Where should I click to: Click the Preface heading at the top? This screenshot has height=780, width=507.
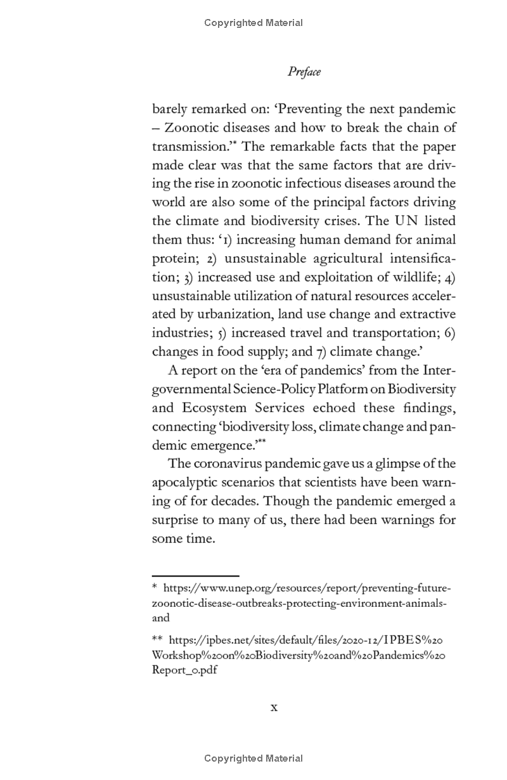click(x=304, y=72)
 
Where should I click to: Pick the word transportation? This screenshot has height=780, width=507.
click(x=393, y=333)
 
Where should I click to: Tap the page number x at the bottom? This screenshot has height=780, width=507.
click(x=274, y=707)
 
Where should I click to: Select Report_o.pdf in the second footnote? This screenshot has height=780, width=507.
click(x=184, y=670)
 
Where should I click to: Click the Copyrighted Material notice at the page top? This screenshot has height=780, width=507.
click(x=253, y=23)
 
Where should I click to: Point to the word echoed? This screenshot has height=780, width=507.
click(x=333, y=408)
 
